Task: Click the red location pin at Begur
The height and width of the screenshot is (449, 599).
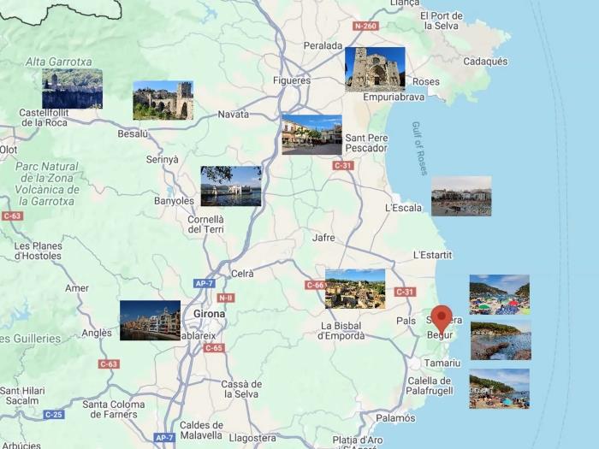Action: (x=442, y=318)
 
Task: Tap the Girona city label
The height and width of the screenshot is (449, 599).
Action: (x=210, y=314)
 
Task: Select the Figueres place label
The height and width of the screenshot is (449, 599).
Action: (x=291, y=80)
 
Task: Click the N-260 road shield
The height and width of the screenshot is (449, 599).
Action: (x=365, y=26)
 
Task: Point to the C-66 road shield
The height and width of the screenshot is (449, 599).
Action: (x=315, y=285)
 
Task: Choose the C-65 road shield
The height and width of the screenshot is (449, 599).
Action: (x=214, y=348)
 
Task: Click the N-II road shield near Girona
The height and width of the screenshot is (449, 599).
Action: (x=225, y=298)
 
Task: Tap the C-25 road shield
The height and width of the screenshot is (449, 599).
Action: (x=54, y=415)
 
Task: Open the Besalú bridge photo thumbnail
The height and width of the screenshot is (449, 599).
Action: (x=163, y=100)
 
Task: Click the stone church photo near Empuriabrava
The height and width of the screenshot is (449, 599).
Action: (x=375, y=69)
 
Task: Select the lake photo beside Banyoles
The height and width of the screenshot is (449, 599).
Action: (x=231, y=186)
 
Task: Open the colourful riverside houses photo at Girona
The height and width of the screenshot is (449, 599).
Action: (x=150, y=320)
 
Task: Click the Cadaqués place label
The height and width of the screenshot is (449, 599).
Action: (x=485, y=62)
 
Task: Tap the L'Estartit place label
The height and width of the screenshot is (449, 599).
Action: (x=432, y=255)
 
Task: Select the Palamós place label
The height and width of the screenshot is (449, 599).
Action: (x=396, y=418)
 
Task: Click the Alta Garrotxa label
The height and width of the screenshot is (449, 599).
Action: (x=58, y=62)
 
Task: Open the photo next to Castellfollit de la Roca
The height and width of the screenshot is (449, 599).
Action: (x=72, y=89)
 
